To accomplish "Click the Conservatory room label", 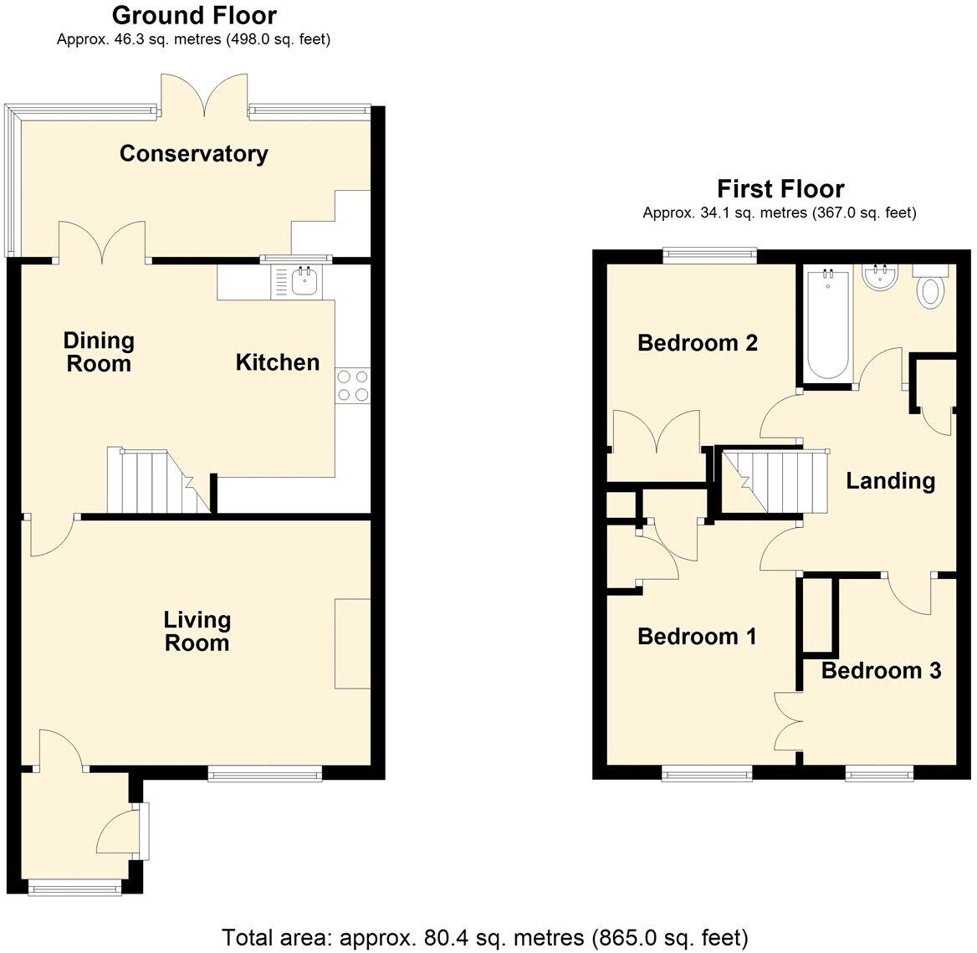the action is click(194, 153).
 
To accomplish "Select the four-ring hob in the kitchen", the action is click(353, 385).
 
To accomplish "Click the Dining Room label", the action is click(99, 352).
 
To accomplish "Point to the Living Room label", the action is click(197, 631).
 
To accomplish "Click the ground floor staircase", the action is click(159, 480).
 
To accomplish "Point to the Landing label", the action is click(890, 480).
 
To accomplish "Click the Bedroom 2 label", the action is click(698, 342).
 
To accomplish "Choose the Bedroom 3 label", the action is click(881, 670).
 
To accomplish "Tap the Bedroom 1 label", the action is click(698, 636).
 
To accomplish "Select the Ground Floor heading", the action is click(194, 15).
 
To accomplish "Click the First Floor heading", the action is click(780, 188).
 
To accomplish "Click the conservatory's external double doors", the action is click(204, 95).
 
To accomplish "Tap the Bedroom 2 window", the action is click(709, 253).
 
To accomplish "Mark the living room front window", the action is click(265, 775).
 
